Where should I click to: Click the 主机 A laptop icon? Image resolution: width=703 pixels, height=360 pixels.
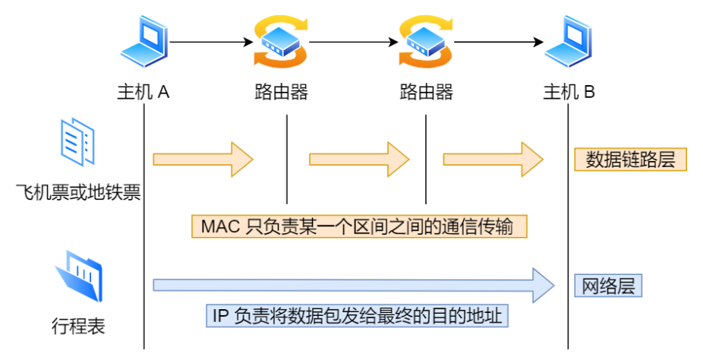point(143,42)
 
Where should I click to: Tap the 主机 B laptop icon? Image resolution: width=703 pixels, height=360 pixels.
point(568,42)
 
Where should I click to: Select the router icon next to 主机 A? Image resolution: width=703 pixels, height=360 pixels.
point(282,42)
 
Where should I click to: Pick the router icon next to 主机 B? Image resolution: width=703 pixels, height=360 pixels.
point(426,42)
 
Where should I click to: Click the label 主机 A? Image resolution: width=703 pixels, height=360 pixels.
point(143,93)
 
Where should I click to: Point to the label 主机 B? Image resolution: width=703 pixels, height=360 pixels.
point(569,93)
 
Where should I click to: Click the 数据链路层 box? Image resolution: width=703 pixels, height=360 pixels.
point(630,159)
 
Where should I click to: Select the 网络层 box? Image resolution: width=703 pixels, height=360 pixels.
point(608,286)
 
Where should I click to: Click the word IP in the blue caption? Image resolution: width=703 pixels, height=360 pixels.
point(220,315)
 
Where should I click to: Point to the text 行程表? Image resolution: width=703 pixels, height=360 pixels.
point(78,327)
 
